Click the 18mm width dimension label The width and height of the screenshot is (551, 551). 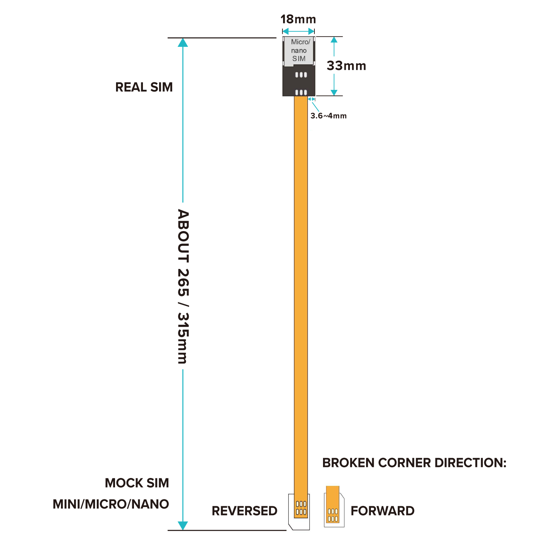click(298, 19)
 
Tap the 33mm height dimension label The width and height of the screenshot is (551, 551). click(346, 66)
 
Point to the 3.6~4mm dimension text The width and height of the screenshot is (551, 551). click(329, 116)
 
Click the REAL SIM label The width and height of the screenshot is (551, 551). click(144, 87)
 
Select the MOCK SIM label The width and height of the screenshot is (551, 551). click(137, 483)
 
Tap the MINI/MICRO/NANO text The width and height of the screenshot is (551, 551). click(111, 504)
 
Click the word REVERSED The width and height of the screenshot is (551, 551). click(245, 511)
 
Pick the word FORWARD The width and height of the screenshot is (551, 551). click(383, 511)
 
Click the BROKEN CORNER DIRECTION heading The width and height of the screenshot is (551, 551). click(414, 463)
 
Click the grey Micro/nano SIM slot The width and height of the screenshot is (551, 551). click(299, 51)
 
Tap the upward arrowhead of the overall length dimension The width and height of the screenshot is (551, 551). click(183, 43)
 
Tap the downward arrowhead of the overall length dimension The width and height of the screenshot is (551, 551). click(183, 525)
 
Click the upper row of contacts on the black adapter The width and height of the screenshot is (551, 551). click(301, 75)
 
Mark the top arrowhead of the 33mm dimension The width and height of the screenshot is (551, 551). click(334, 40)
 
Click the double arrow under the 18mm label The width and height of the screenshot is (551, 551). click(298, 31)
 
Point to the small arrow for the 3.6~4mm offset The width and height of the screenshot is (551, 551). click(311, 99)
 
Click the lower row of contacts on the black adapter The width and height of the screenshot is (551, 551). click(301, 92)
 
